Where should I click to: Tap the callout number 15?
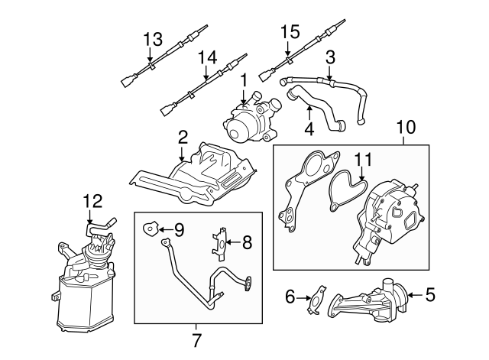click(x=289, y=32)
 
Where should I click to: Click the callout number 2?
click(x=183, y=138)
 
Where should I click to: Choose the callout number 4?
click(x=308, y=130)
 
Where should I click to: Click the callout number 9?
click(x=179, y=228)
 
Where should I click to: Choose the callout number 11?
click(x=364, y=161)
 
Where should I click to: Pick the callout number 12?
click(x=92, y=202)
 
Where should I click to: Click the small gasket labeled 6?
click(x=316, y=299)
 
